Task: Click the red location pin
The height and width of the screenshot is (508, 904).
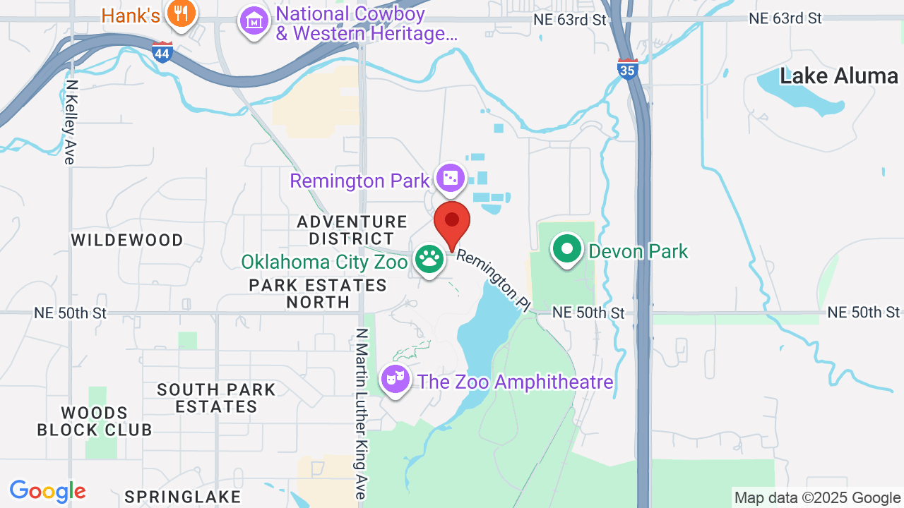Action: [452, 223]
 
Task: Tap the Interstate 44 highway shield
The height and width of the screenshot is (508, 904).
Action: [162, 52]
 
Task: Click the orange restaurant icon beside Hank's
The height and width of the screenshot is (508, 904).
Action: [181, 14]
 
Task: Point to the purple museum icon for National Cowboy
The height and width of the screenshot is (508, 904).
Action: [253, 21]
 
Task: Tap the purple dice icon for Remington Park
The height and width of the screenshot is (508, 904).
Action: [450, 179]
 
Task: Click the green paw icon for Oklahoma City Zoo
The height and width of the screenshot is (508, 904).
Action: [429, 260]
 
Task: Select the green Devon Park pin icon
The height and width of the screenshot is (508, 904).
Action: [566, 250]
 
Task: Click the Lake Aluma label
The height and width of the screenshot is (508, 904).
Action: [839, 76]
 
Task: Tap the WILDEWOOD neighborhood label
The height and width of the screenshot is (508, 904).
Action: [127, 240]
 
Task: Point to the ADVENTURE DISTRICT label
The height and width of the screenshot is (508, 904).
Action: [352, 230]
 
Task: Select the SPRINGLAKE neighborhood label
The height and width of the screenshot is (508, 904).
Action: [182, 497]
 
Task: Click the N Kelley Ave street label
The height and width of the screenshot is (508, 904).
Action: [69, 121]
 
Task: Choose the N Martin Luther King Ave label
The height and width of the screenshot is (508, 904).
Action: [362, 413]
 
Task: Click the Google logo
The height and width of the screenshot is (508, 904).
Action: [48, 491]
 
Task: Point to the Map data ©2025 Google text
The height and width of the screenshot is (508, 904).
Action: [817, 498]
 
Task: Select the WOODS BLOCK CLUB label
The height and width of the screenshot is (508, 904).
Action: [95, 421]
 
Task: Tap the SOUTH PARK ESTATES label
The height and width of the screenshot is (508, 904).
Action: [216, 398]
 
